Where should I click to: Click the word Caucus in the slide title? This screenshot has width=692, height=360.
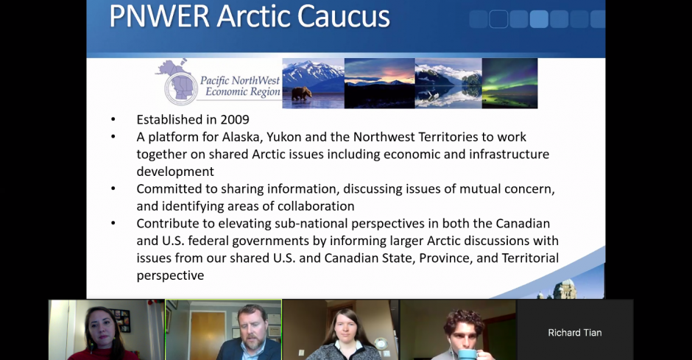click(343, 16)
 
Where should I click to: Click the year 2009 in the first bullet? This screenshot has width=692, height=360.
click(235, 119)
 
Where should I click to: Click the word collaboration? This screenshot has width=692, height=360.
click(316, 206)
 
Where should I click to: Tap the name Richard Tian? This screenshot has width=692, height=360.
click(575, 333)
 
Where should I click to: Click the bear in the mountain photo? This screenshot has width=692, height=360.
click(302, 93)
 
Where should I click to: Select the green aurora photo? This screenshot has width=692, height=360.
click(509, 83)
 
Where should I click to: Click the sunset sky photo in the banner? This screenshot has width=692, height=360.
click(380, 83)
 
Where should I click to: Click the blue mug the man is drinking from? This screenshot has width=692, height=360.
click(467, 354)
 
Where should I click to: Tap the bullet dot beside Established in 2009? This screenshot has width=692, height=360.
click(113, 119)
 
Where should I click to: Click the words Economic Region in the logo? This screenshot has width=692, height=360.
click(243, 92)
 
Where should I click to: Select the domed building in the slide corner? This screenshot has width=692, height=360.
click(564, 289)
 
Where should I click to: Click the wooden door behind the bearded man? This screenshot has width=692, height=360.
click(208, 334)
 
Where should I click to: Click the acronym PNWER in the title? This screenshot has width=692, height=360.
click(160, 16)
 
